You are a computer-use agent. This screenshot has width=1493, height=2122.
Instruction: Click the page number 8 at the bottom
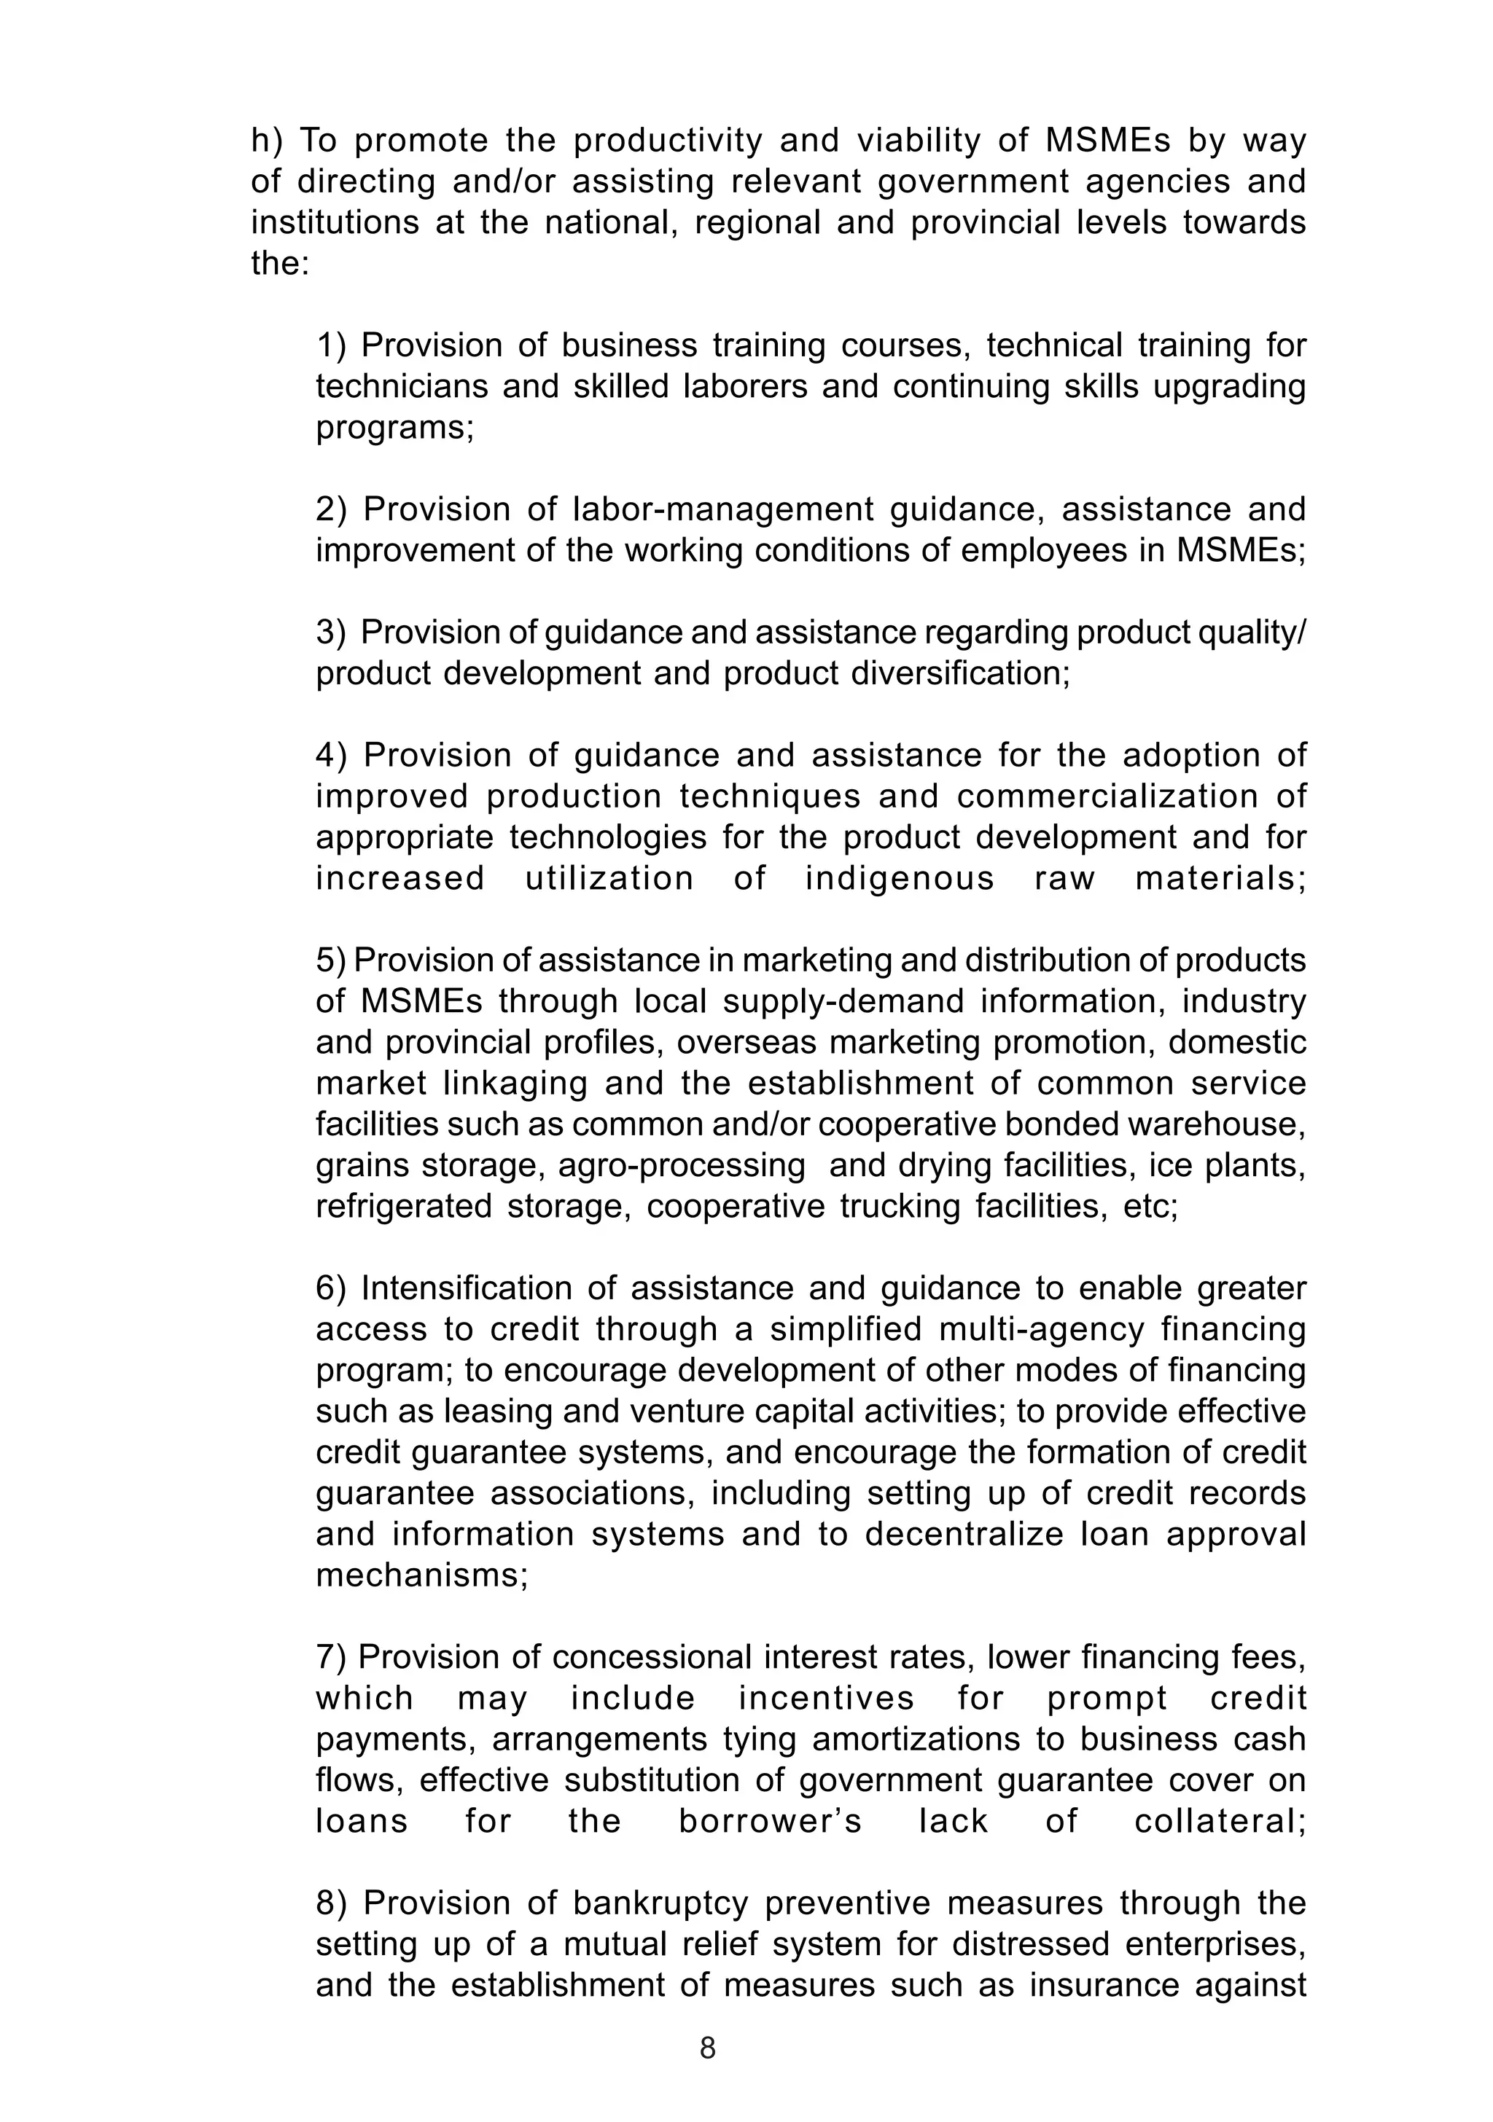coord(707,2047)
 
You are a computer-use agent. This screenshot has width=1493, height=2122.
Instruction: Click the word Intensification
coord(476,1288)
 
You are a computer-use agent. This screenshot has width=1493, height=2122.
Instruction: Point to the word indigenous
coord(899,878)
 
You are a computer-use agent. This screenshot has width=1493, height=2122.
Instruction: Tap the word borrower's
coord(769,1822)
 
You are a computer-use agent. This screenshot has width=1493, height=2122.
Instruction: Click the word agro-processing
coord(682,1165)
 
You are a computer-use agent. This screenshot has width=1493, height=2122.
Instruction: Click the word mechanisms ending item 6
coord(421,1575)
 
